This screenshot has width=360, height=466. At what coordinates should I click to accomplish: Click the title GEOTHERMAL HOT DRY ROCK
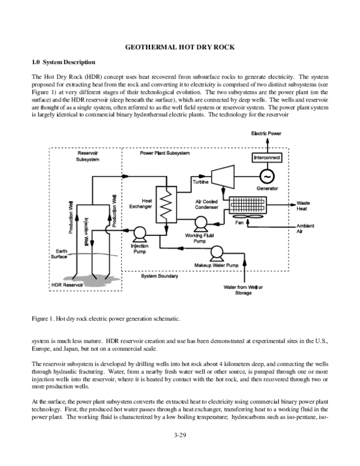click(180, 47)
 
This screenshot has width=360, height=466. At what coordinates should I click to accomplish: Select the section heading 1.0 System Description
click(63, 62)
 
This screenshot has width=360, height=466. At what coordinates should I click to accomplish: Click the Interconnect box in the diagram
click(265, 157)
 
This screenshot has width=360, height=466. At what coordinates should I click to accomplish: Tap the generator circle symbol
click(265, 175)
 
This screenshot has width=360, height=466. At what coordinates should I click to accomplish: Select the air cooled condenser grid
click(251, 204)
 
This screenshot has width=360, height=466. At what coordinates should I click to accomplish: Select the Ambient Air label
click(305, 228)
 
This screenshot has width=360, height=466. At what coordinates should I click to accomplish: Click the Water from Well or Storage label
click(243, 290)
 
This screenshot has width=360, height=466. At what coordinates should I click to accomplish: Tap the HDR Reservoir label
click(65, 283)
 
